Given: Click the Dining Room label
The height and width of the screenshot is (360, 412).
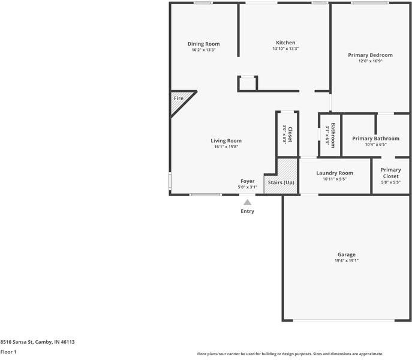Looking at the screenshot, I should (x=203, y=44).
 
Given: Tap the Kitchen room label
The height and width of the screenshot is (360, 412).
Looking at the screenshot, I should (x=285, y=43).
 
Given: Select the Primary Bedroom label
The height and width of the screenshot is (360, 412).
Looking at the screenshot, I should (x=370, y=55).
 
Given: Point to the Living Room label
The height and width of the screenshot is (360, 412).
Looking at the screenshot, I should (x=226, y=141).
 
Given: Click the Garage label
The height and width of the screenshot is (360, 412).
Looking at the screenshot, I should (x=346, y=254).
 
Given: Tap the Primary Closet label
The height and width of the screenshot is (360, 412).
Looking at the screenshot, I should (x=390, y=173).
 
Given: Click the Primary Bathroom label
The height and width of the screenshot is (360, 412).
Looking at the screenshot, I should (x=375, y=139).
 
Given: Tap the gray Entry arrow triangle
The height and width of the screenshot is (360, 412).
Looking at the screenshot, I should (x=247, y=203).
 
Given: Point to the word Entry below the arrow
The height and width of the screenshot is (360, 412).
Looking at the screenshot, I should (x=247, y=211).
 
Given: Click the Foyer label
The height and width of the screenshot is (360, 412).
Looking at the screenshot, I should (x=247, y=181).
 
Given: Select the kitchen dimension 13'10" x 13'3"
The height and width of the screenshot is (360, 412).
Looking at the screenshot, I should (x=285, y=49).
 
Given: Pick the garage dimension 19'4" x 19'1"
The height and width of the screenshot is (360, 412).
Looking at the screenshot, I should (x=346, y=261).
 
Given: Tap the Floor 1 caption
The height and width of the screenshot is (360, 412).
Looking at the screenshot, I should (x=8, y=352).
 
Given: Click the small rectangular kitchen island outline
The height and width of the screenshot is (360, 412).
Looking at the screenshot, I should (x=247, y=83).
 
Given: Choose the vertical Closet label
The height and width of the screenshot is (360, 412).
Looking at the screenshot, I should (x=290, y=134).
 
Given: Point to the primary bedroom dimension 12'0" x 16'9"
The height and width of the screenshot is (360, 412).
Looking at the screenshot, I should (x=370, y=61).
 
